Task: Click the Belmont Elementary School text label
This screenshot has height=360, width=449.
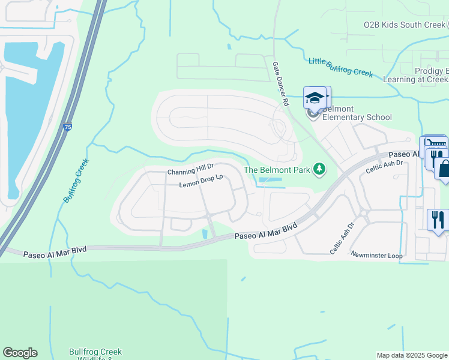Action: (x=357, y=113)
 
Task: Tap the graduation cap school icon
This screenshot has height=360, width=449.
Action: (x=315, y=98)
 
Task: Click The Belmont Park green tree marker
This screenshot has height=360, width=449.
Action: (x=320, y=170)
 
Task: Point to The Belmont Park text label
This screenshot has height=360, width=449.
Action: (x=277, y=170)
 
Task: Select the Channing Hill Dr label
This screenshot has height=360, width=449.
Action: (x=190, y=172)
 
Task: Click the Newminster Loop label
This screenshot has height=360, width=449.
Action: (x=376, y=255)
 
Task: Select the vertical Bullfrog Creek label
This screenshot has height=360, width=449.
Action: (x=76, y=180)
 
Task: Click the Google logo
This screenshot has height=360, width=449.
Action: (x=20, y=353)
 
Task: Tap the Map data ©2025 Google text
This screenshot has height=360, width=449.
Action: (x=411, y=355)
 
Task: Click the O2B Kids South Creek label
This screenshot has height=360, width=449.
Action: (x=404, y=25)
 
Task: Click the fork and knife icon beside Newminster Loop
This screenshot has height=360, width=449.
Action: (x=436, y=219)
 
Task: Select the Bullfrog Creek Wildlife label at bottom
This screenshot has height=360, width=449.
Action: (x=95, y=355)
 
